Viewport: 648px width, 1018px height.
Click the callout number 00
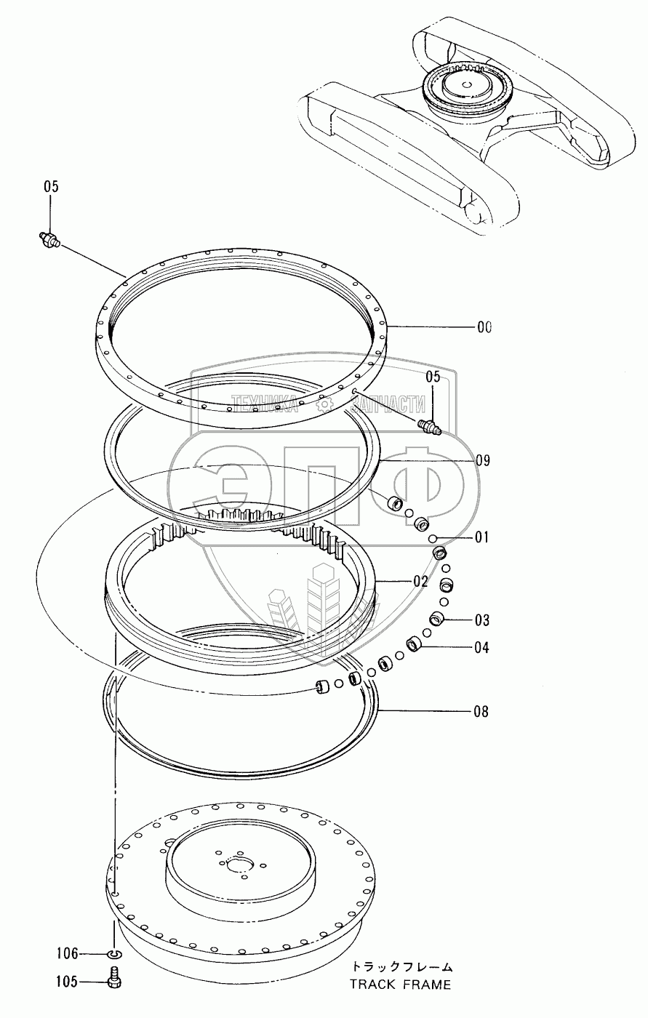[484, 327]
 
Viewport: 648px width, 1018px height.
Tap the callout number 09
[483, 461]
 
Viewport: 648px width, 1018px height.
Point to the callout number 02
[421, 582]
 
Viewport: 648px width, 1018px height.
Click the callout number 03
[483, 620]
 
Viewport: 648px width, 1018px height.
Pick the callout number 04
[481, 647]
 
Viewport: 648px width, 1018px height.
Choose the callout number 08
[481, 712]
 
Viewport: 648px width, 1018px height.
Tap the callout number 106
[67, 953]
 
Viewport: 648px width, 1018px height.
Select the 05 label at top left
[50, 187]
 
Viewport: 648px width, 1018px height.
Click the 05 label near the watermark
[433, 377]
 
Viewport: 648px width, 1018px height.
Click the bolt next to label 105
[114, 980]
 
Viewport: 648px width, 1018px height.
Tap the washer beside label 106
[114, 953]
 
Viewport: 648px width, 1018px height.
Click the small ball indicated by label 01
[433, 539]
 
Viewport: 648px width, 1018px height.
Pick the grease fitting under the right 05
[431, 426]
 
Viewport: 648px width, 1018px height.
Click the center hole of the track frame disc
[239, 865]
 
